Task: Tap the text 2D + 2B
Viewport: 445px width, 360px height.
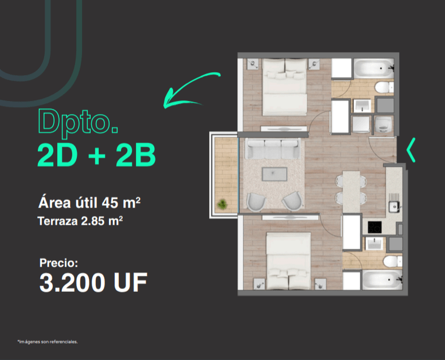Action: pyautogui.click(x=95, y=154)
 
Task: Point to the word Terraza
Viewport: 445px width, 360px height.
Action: pyautogui.click(x=56, y=220)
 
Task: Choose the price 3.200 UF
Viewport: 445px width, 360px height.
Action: pyautogui.click(x=93, y=283)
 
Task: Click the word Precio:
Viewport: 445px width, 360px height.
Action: pyautogui.click(x=58, y=263)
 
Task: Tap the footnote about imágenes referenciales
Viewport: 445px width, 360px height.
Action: pyautogui.click(x=47, y=342)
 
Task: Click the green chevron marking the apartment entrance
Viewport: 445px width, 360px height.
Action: pyautogui.click(x=411, y=150)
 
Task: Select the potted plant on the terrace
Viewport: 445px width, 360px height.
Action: pyautogui.click(x=222, y=203)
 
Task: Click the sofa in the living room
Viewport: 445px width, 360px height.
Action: pyautogui.click(x=273, y=148)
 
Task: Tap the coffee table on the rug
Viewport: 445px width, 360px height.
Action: pyautogui.click(x=275, y=174)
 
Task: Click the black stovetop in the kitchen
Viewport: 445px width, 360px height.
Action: pyautogui.click(x=374, y=227)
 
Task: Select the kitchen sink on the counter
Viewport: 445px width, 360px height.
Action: pyautogui.click(x=394, y=205)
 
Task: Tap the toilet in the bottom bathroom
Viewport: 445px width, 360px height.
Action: pyautogui.click(x=392, y=262)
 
